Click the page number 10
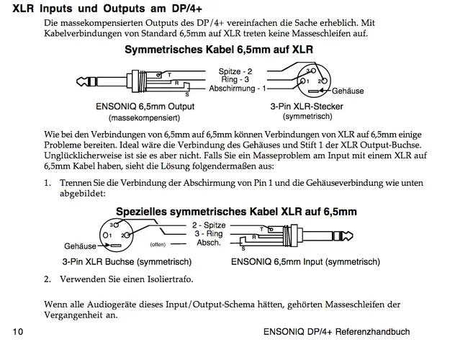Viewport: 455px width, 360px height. click(x=17, y=332)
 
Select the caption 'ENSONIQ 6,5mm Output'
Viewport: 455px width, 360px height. click(x=145, y=106)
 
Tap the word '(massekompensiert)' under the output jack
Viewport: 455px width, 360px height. click(x=144, y=117)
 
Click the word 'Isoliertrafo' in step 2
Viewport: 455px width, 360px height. click(x=171, y=279)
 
